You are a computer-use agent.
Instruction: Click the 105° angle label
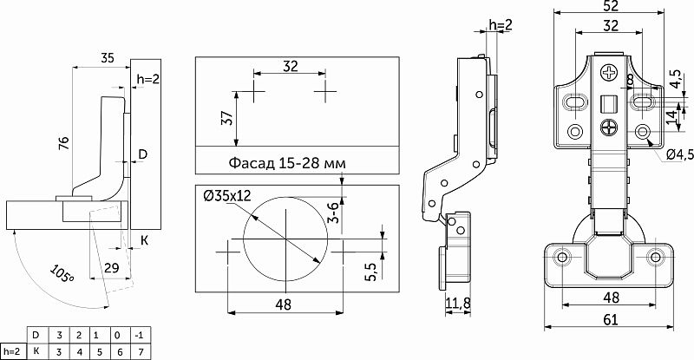(62, 273)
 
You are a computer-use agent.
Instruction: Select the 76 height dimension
(64, 143)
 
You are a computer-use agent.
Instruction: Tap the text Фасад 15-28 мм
(287, 163)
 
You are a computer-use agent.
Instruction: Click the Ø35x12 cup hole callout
(227, 195)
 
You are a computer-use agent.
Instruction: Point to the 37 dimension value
(226, 118)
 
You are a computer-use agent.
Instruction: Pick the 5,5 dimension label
(370, 272)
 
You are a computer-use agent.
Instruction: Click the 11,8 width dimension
(458, 304)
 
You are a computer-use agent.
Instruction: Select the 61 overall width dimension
(611, 319)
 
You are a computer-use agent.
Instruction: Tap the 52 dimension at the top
(611, 6)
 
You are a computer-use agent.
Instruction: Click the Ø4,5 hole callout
(679, 154)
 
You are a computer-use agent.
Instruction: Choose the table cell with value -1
(139, 335)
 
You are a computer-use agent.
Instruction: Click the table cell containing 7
(141, 352)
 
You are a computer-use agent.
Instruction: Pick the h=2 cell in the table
(12, 352)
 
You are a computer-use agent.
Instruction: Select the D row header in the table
(36, 335)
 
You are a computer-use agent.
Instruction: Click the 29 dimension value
(112, 268)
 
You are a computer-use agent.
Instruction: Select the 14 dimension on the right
(671, 116)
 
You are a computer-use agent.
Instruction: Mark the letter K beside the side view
(144, 240)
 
